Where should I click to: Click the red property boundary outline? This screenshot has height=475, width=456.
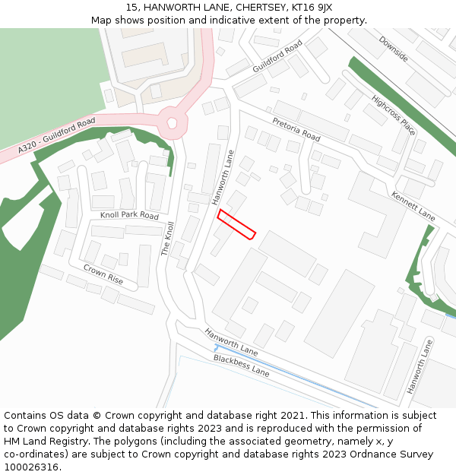tap(236, 225)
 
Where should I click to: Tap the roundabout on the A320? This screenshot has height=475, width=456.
tap(172, 122)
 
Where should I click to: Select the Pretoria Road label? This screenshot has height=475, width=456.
tap(296, 128)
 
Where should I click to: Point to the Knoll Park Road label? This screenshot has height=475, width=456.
tap(129, 216)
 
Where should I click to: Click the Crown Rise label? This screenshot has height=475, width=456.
tap(103, 274)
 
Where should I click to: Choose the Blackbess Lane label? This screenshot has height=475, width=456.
tap(241, 366)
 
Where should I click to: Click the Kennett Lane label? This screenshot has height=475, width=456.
tap(413, 206)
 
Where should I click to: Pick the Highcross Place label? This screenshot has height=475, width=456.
tap(393, 115)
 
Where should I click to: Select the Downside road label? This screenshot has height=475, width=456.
tap(393, 49)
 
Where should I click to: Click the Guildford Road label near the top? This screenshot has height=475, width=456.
tap(277, 57)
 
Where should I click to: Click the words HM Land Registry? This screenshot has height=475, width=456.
tap(42, 441)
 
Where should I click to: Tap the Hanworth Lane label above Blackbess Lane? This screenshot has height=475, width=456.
tap(230, 343)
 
